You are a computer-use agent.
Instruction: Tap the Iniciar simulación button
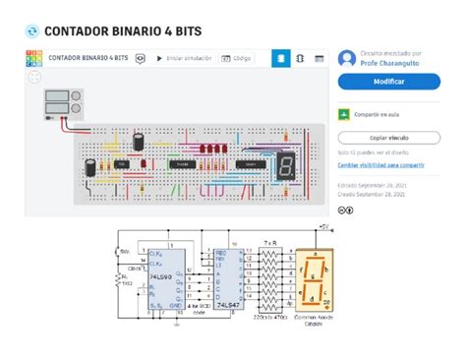point(187,59)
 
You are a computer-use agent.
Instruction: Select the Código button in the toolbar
point(240,59)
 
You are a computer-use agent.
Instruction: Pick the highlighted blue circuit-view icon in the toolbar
point(281,59)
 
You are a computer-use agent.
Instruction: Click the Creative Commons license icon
point(345,210)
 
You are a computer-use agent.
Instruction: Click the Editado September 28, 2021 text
point(371,185)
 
